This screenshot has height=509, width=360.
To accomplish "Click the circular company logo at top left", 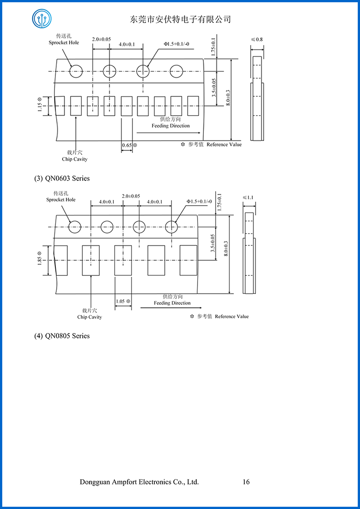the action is [x=41, y=18].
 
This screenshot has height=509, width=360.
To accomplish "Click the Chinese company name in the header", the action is [x=180, y=19].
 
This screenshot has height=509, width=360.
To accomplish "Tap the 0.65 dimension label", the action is [x=127, y=145].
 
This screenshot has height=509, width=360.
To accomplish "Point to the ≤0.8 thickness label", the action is [x=257, y=40].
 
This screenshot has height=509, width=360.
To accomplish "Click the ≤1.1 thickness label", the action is [x=248, y=197].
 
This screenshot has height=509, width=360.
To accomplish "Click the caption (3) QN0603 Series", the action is [x=62, y=178].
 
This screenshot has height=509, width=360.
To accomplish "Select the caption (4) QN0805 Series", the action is [x=62, y=336].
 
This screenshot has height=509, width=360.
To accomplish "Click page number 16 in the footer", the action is [x=246, y=482].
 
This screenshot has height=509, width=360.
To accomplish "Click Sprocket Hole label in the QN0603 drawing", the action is [x=61, y=200].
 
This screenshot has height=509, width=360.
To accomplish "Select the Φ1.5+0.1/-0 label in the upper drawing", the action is [x=175, y=44].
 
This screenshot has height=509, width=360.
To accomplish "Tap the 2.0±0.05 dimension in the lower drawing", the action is [x=131, y=196].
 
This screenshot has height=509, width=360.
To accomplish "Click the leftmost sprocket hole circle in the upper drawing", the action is [x=76, y=71].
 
